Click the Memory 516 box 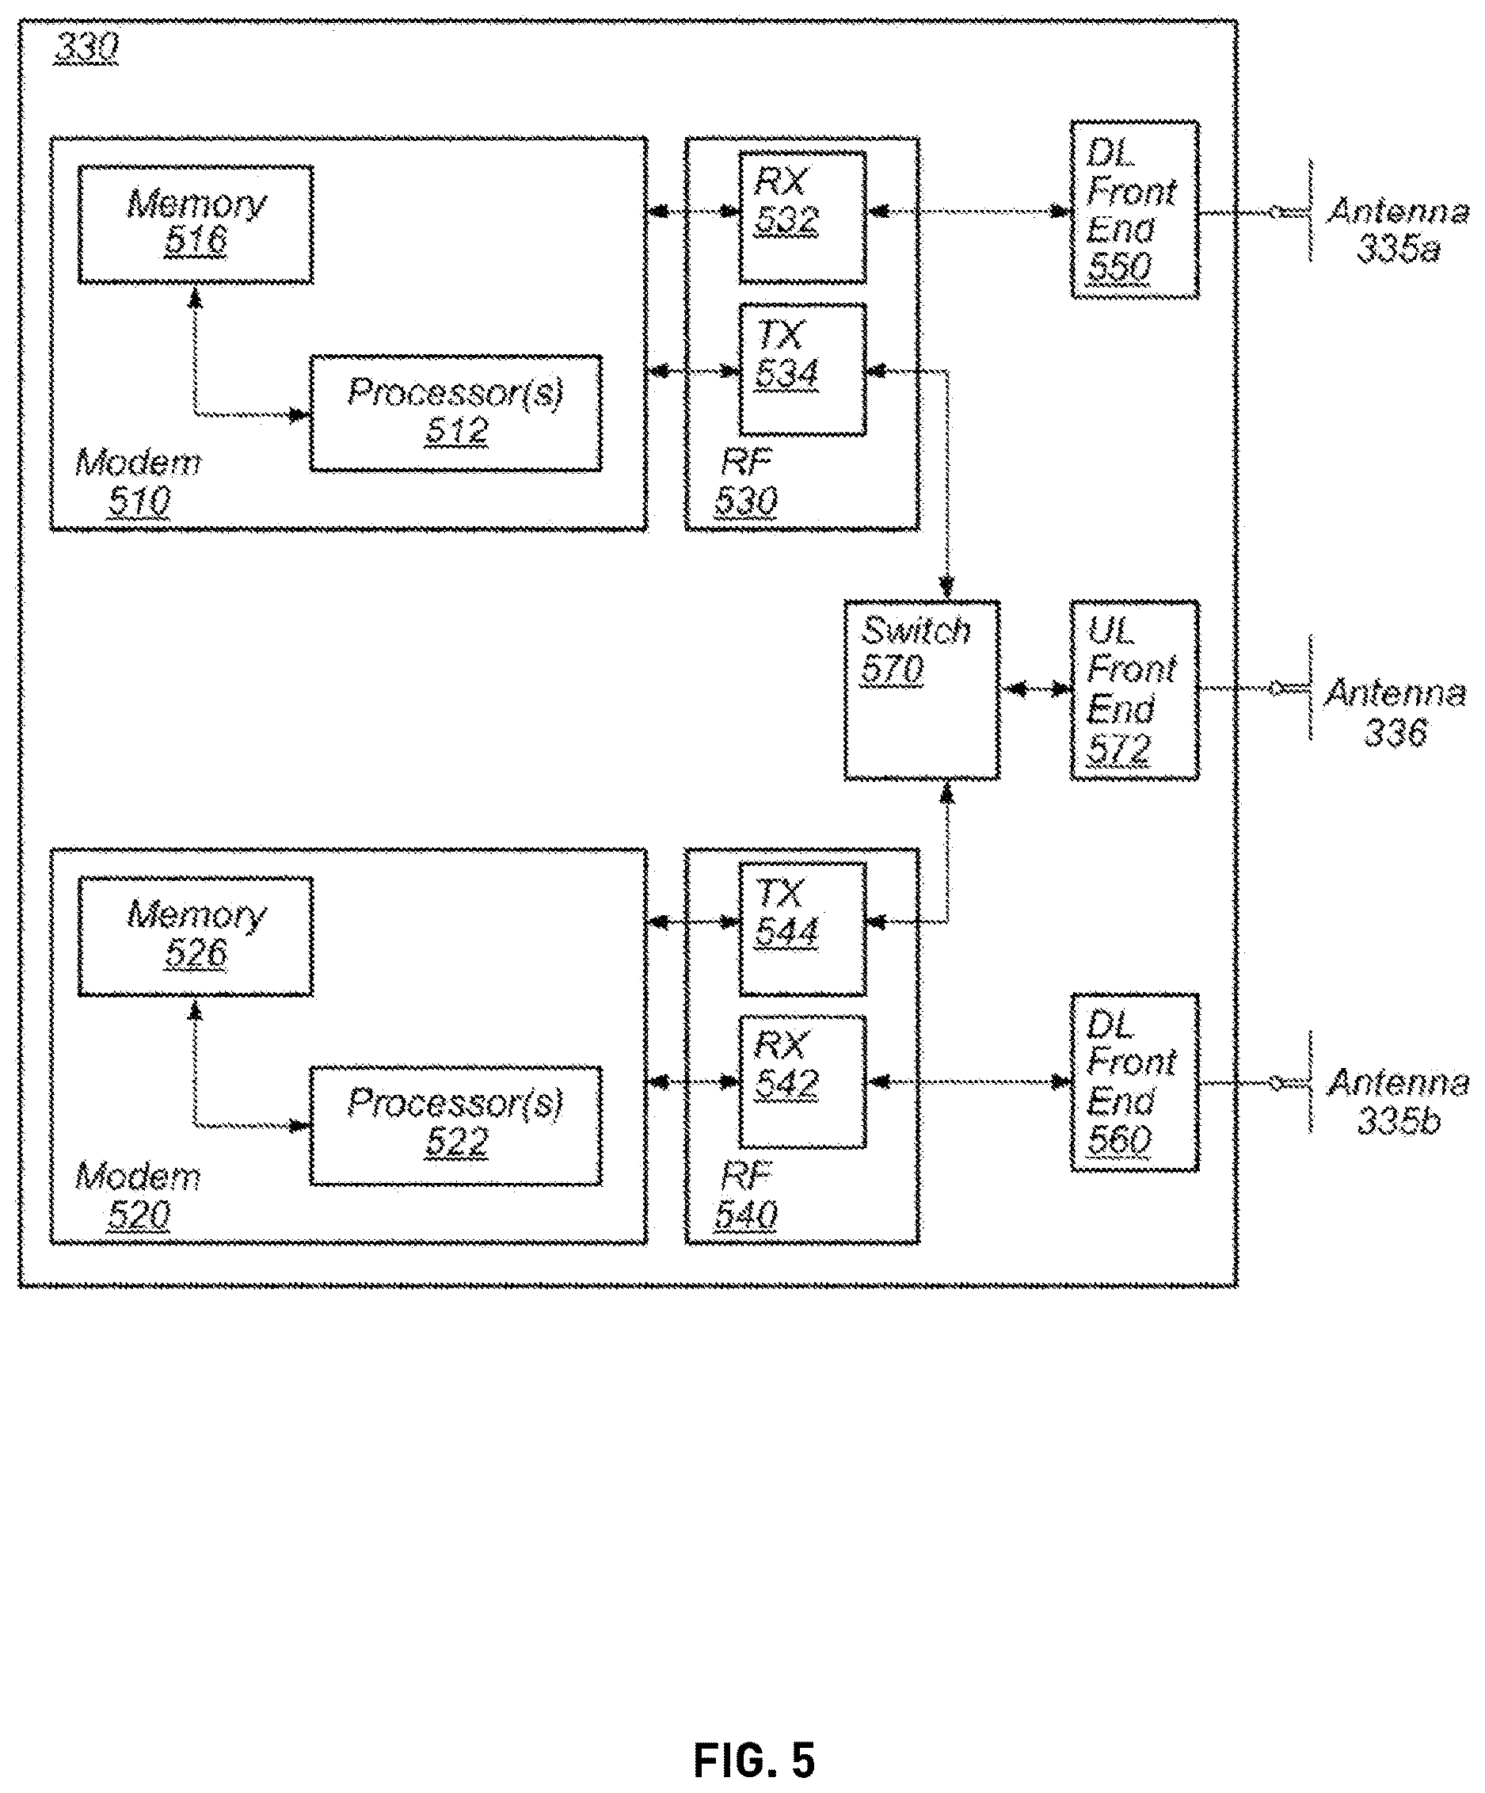pos(196,224)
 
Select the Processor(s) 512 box pos(455,414)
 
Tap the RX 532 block pos(802,218)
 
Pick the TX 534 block pos(802,370)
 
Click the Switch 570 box pos(922,690)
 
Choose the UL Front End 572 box pos(1135,690)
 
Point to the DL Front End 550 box pos(1135,209)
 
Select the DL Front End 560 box pos(1135,1082)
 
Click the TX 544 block pos(802,929)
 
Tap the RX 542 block pos(802,1082)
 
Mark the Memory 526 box pos(196,937)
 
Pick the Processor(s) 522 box pos(455,1125)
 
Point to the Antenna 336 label pos(1395,712)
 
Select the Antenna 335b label pos(1398,1101)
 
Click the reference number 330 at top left pos(86,48)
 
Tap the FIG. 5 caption pos(754,1760)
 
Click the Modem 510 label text pos(139,482)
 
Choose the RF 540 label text pos(746,1196)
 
